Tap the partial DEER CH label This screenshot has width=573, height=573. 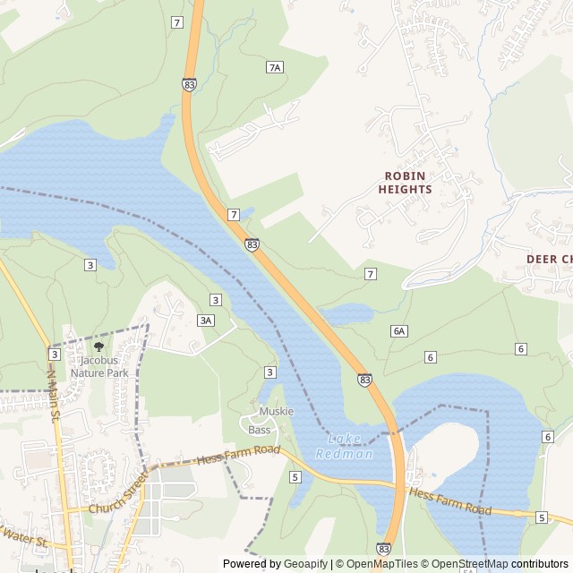(x=548, y=259)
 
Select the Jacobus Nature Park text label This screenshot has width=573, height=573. (x=99, y=366)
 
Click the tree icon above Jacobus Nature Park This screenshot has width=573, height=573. (x=98, y=346)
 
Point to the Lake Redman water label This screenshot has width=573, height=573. (x=344, y=447)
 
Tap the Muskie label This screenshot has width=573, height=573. (x=276, y=412)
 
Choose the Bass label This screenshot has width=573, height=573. (x=259, y=430)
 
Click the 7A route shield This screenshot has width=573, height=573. (x=275, y=67)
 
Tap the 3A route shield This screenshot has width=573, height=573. (x=206, y=320)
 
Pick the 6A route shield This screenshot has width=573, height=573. (x=399, y=330)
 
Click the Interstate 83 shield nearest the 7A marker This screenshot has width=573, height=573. (x=189, y=83)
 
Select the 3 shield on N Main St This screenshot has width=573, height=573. (x=54, y=355)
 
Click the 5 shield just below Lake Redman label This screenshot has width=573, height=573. (x=295, y=477)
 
